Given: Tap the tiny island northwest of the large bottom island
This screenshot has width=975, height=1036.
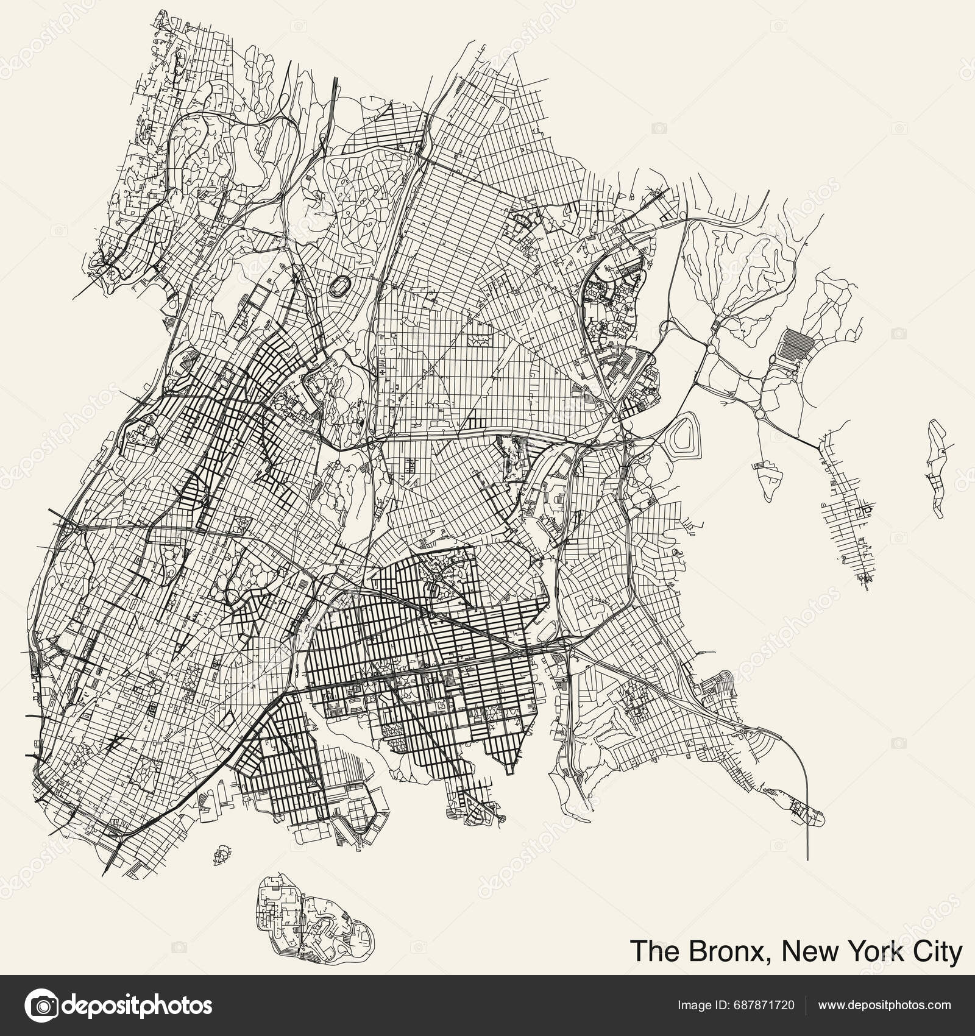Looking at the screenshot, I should pyautogui.click(x=221, y=854).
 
